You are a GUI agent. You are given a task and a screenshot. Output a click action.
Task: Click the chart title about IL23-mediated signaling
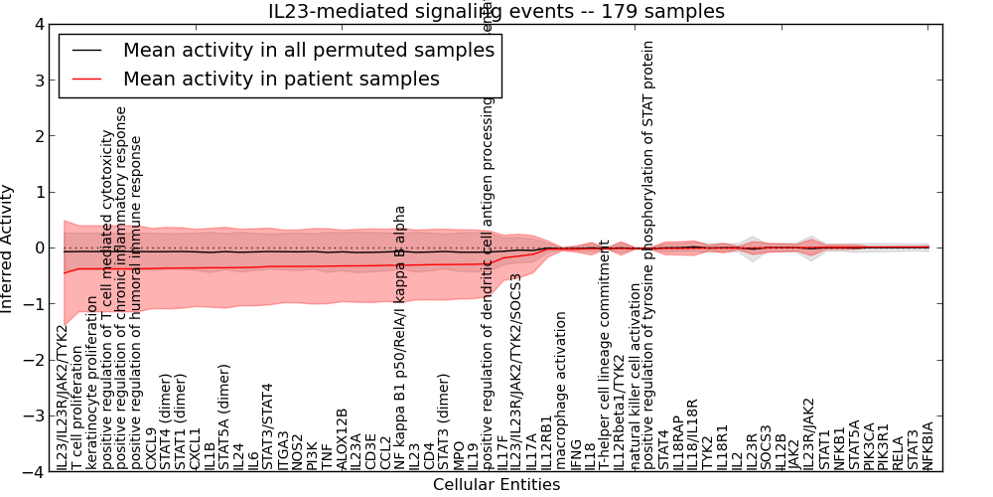pyautogui.click(x=496, y=12)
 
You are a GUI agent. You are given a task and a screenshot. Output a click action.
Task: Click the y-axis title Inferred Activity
pyautogui.click(x=9, y=248)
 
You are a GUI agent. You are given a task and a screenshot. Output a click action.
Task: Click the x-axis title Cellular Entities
pyautogui.click(x=496, y=485)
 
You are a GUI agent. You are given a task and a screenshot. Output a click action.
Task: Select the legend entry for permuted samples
pyautogui.click(x=308, y=50)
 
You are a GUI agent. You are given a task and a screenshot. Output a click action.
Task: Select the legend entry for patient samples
pyautogui.click(x=281, y=78)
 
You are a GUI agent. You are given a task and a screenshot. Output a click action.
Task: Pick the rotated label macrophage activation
pyautogui.click(x=560, y=391)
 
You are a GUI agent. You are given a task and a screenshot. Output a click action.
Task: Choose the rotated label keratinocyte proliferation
pyautogui.click(x=92, y=382)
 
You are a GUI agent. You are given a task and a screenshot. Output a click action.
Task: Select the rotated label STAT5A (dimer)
pyautogui.click(x=224, y=417)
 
